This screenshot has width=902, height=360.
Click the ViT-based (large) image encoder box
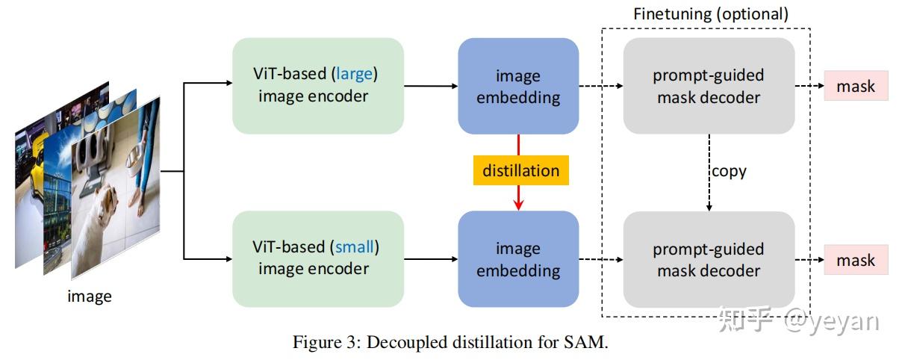317,85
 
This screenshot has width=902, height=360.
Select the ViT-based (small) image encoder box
317,258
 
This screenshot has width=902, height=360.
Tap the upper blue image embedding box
518,86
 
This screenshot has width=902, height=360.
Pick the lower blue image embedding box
518,258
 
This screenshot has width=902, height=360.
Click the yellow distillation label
520,170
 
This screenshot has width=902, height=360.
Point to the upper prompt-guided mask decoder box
708,86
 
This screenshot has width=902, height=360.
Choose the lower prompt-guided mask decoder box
708,259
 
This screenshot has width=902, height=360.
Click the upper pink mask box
856,87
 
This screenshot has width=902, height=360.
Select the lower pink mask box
856,260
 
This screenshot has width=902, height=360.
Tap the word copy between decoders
728,171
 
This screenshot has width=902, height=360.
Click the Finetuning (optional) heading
710,13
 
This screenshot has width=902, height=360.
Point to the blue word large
356,74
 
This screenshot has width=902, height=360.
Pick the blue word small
354,246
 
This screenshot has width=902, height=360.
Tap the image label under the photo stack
90,296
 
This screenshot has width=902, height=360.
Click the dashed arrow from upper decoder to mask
809,87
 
